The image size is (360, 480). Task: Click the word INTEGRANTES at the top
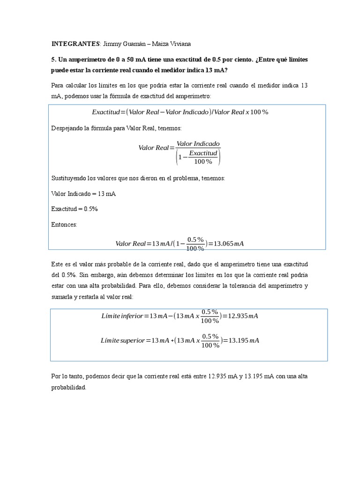pyautogui.click(x=75, y=44)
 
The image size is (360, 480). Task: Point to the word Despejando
pyautogui.click(x=68, y=128)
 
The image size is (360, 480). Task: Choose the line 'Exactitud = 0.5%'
pyautogui.click(x=74, y=209)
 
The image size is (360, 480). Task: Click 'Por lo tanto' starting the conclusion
pyautogui.click(x=67, y=376)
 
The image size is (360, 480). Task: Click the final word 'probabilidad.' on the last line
pyautogui.click(x=69, y=388)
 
